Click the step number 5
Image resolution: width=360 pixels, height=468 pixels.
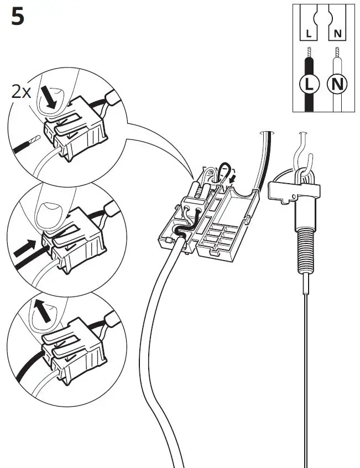point(17,18)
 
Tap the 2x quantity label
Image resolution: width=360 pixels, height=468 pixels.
point(22,92)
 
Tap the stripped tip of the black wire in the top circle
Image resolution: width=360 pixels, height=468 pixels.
point(34,139)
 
